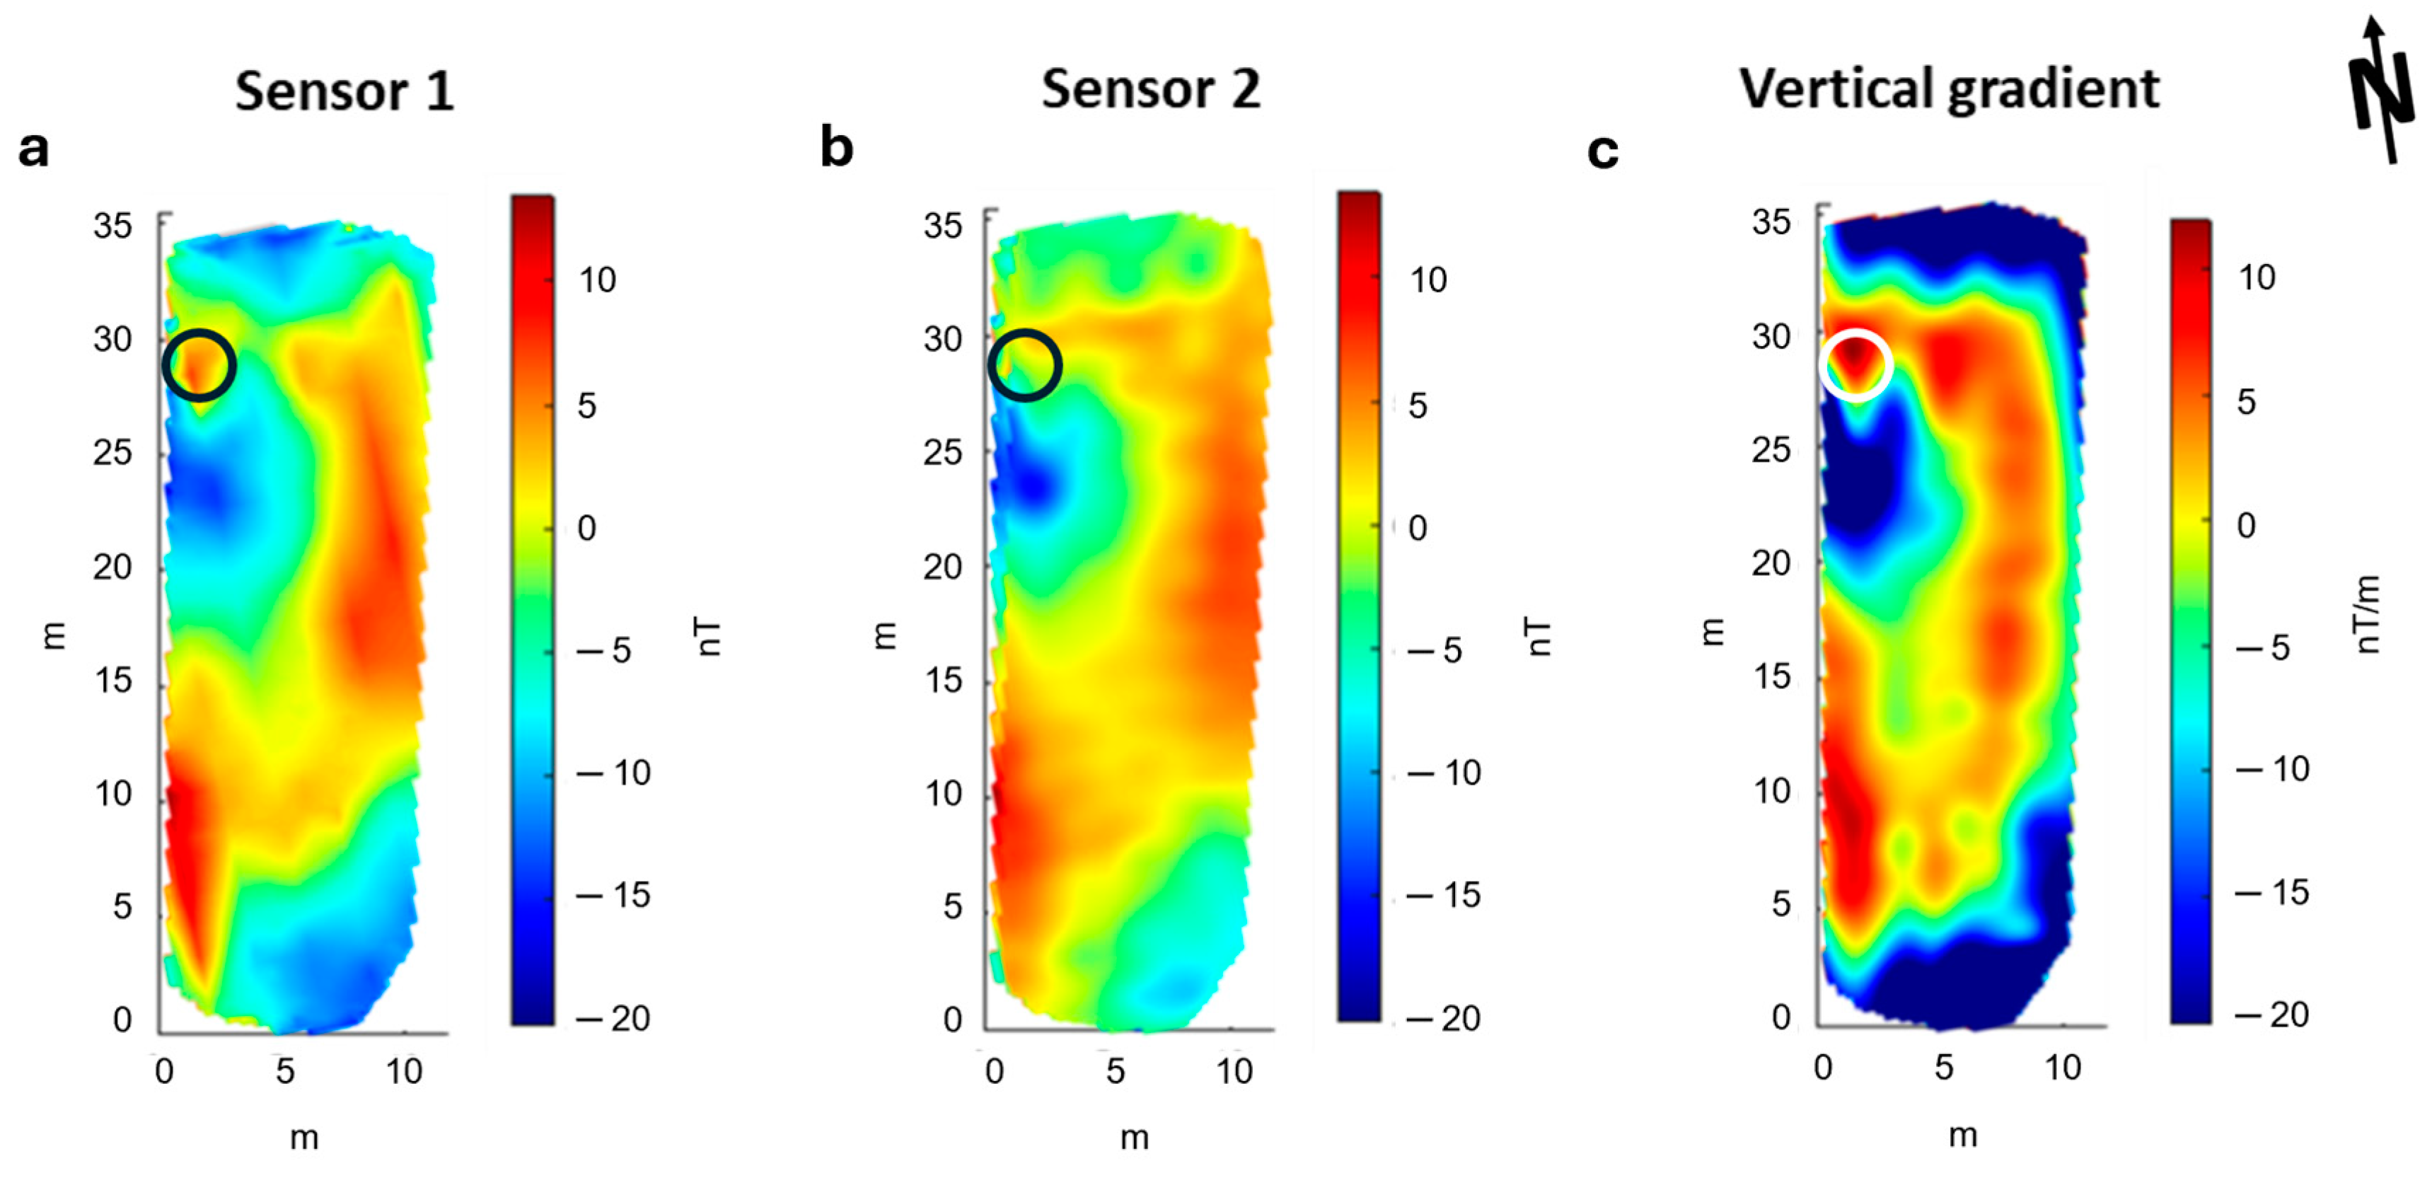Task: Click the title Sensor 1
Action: tap(344, 91)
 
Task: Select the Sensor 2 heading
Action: tap(1150, 90)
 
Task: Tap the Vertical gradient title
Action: tap(1949, 90)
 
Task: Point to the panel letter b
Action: tap(836, 148)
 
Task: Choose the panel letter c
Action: tap(1602, 151)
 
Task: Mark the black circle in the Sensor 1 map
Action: tap(198, 365)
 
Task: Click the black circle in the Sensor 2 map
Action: tap(1024, 365)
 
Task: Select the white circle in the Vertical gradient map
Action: tap(1855, 365)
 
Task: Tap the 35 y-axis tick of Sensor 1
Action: tap(112, 226)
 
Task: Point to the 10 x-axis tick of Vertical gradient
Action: tap(2063, 1068)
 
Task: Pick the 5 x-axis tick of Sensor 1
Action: tap(284, 1070)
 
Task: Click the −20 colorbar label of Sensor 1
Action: tap(614, 1019)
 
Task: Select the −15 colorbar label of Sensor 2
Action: tap(1444, 895)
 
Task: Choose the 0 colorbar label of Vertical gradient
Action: tap(2246, 525)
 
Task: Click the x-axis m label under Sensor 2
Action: tap(1134, 1138)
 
